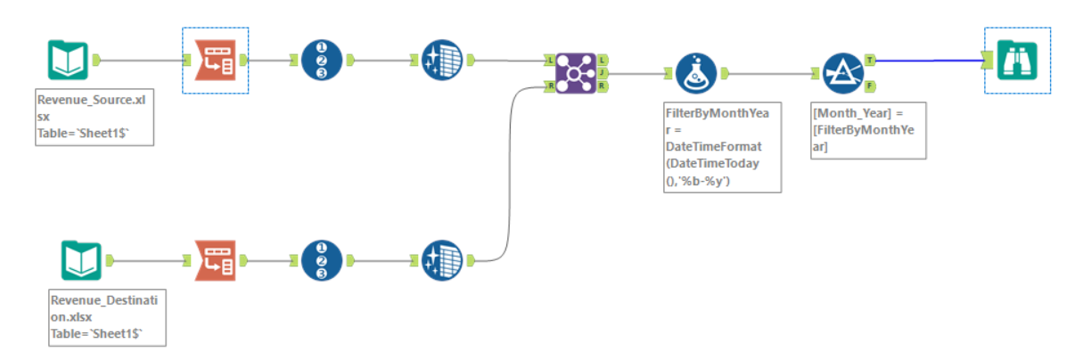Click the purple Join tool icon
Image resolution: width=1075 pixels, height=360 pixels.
click(x=576, y=73)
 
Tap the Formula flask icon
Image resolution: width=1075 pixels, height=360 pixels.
click(x=695, y=74)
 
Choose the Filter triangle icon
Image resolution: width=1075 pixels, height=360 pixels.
click(x=840, y=74)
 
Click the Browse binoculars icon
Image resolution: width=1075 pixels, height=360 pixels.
click(x=1017, y=60)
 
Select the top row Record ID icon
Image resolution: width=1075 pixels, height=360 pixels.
click(x=322, y=60)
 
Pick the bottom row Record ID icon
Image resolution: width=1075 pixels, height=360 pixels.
click(x=322, y=261)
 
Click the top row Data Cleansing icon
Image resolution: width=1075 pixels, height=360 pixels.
click(x=441, y=60)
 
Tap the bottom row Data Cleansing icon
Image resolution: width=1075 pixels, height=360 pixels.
click(x=441, y=261)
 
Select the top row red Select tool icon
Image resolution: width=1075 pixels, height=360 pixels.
click(x=215, y=60)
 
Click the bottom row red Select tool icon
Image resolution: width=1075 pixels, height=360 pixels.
click(x=215, y=261)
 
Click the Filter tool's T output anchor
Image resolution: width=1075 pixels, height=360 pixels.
click(x=869, y=61)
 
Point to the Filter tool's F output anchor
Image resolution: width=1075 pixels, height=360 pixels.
click(x=869, y=86)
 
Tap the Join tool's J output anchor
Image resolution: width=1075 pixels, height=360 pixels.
click(x=603, y=73)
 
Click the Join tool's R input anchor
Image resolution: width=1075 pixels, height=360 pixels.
click(x=549, y=86)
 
